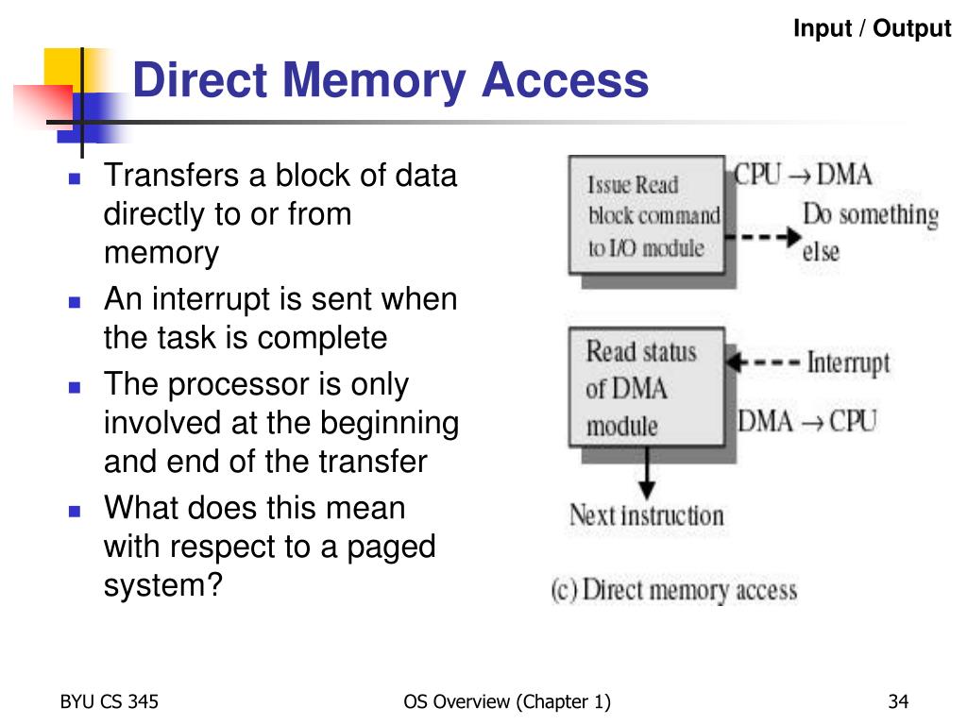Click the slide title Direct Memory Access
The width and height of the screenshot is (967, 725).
390,80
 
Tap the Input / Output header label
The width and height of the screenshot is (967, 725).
872,29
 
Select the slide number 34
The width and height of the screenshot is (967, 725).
897,701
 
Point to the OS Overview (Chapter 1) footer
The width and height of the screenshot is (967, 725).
507,701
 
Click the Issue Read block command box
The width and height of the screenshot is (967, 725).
646,216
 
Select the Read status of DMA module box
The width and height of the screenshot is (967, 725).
646,388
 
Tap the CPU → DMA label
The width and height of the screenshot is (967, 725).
804,176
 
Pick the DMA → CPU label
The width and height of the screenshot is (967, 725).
807,421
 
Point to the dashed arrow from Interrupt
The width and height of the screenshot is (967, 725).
766,362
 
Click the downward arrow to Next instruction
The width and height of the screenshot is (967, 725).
646,473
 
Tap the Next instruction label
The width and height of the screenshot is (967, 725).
646,516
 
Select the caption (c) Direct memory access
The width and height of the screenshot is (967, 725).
674,591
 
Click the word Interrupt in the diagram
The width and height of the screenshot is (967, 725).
848,363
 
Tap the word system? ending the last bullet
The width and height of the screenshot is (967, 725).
162,584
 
